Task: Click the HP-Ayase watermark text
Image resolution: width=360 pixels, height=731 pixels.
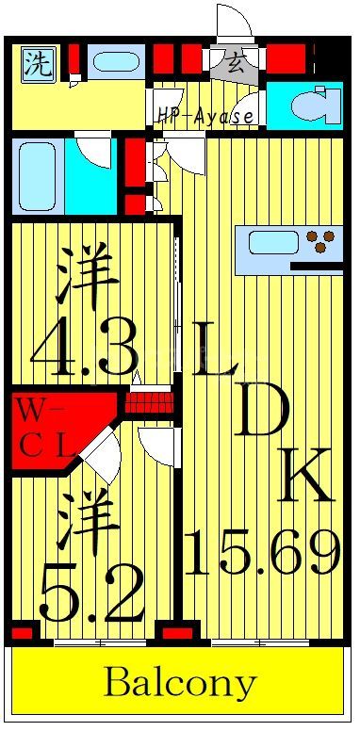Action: [x=205, y=117]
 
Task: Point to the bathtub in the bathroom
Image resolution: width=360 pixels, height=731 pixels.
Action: [x=39, y=175]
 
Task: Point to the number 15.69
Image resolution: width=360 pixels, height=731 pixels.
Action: [x=262, y=552]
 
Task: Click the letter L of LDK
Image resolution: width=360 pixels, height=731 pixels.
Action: [x=216, y=349]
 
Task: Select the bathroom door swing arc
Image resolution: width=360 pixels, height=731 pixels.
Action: [x=95, y=151]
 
